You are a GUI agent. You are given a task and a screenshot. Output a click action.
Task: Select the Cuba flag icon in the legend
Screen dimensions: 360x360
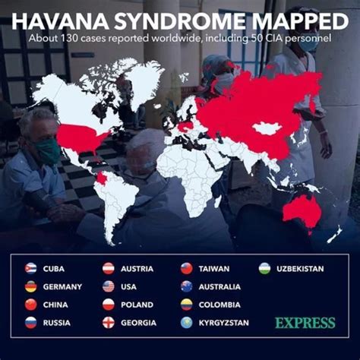pyautogui.click(x=30, y=269)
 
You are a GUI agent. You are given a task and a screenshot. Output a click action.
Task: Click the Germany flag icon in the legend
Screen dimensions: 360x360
pyautogui.click(x=30, y=286)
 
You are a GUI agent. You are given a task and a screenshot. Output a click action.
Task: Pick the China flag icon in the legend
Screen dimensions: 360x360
pyautogui.click(x=30, y=305)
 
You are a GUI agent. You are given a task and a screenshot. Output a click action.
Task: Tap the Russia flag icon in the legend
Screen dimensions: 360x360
pyautogui.click(x=30, y=323)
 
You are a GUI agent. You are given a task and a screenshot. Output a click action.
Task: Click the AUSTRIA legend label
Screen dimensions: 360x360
pyautogui.click(x=137, y=269)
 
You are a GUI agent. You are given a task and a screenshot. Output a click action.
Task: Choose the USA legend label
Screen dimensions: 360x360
pyautogui.click(x=129, y=286)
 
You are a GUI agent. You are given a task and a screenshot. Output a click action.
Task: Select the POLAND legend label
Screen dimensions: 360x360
pyautogui.click(x=137, y=305)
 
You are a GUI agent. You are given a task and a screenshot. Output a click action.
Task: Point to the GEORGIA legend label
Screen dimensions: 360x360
pyautogui.click(x=138, y=323)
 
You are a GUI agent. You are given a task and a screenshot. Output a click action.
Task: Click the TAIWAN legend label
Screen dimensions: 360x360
pyautogui.click(x=214, y=269)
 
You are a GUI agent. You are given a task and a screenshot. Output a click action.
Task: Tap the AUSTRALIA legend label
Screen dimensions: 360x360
pyautogui.click(x=220, y=286)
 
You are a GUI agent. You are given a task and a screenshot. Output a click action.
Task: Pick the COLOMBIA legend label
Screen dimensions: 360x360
pyautogui.click(x=220, y=305)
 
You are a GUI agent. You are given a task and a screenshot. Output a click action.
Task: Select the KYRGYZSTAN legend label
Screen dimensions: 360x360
pyautogui.click(x=224, y=323)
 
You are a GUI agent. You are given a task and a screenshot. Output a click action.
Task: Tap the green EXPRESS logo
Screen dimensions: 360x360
pyautogui.click(x=305, y=323)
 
